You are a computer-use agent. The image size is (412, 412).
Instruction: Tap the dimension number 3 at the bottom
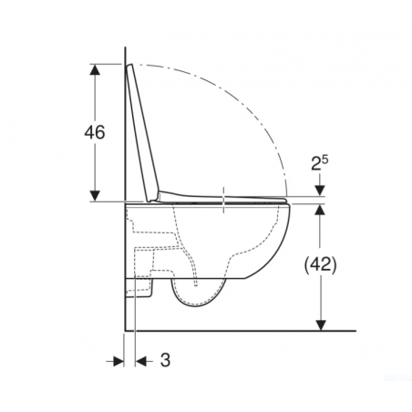[165, 360]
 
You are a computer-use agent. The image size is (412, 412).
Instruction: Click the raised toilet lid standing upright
[144, 132]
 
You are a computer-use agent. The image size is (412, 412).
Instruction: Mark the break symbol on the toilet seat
[223, 198]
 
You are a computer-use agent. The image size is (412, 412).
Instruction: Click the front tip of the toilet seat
[289, 199]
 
